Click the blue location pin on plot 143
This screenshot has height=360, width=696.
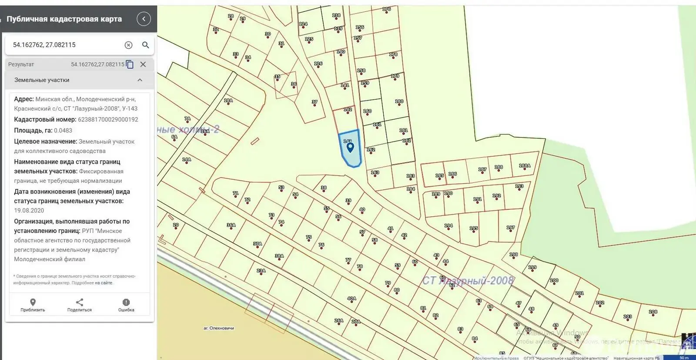tap(350, 148)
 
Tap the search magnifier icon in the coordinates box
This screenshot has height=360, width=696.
tap(146, 45)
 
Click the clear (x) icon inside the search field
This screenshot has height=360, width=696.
tap(128, 45)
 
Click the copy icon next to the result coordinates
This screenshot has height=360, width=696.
tap(130, 64)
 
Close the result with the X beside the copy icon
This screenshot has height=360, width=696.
tap(143, 64)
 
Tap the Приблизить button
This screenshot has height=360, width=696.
tap(33, 305)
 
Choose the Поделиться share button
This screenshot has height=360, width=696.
tap(80, 305)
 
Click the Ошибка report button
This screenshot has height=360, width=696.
tap(126, 305)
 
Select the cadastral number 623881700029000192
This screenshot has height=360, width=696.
tap(108, 120)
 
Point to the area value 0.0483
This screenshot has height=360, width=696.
tap(63, 131)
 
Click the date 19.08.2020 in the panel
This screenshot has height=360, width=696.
tap(29, 211)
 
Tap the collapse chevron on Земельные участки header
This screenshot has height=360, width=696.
tap(140, 80)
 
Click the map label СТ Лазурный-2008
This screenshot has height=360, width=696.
tap(468, 281)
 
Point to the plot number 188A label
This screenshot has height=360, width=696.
tap(525, 165)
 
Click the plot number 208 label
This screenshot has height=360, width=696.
tap(653, 312)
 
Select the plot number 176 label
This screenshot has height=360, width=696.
tap(386, 9)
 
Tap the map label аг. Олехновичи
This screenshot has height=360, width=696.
tap(219, 328)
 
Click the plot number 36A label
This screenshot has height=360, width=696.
tap(231, 225)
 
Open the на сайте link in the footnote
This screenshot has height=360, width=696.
tap(104, 283)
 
